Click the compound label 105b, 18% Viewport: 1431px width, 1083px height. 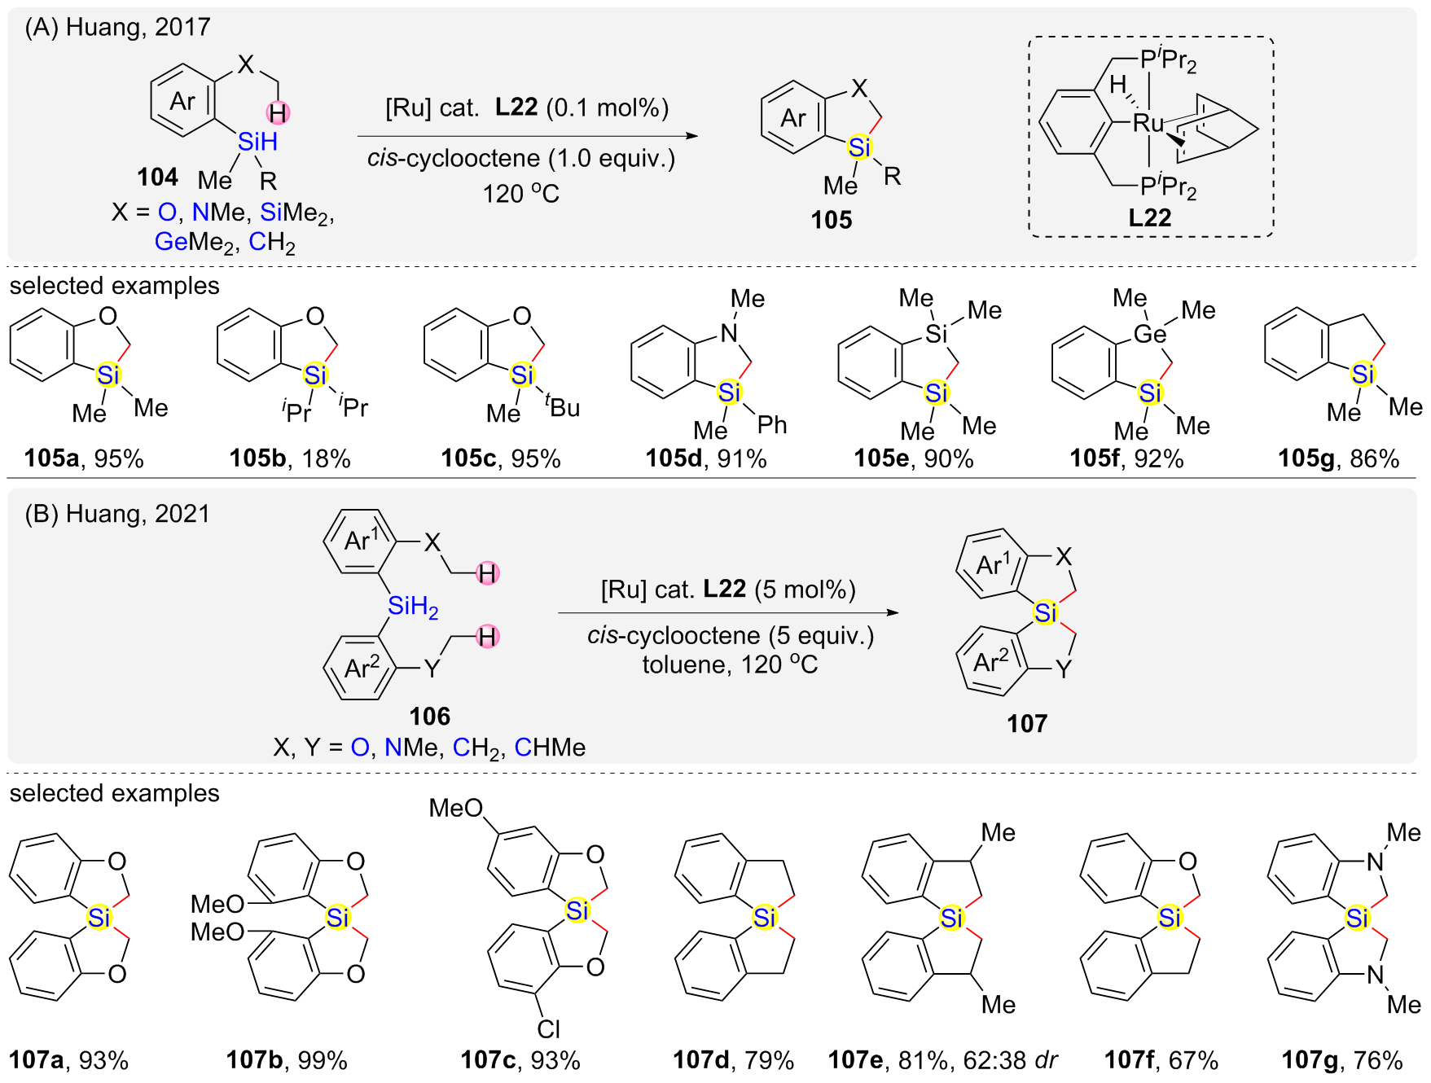point(290,458)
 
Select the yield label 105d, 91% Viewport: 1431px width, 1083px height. point(706,458)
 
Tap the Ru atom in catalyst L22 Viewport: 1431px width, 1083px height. point(1148,124)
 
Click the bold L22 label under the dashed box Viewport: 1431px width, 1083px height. point(1149,217)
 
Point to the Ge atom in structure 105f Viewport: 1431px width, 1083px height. point(1149,334)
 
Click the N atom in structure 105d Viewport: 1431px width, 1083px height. point(729,332)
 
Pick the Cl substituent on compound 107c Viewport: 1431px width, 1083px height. point(548,1029)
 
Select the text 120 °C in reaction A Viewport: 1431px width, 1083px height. point(520,194)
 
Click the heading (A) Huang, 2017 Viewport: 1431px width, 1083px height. point(117,27)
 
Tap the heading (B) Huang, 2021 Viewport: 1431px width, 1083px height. point(117,514)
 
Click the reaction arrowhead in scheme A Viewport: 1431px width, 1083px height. point(692,136)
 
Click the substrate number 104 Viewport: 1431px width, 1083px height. point(157,177)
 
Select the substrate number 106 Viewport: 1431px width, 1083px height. point(429,716)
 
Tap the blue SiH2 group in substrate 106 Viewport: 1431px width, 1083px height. point(413,606)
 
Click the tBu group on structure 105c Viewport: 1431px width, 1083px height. point(563,406)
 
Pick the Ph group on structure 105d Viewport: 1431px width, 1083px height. point(772,424)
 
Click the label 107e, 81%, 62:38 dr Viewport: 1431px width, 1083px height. point(942,1059)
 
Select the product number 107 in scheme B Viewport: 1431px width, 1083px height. point(1026,723)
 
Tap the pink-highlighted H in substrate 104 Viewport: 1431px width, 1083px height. point(278,112)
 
